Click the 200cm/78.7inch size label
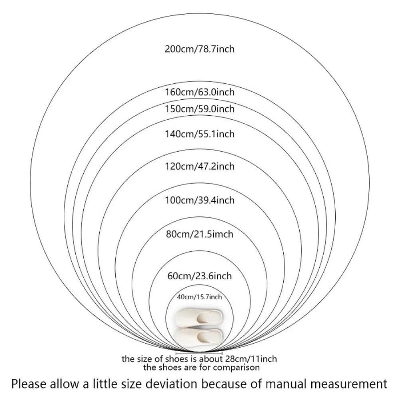(x=199, y=49)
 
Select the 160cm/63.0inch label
(x=199, y=92)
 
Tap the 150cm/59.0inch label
(x=199, y=109)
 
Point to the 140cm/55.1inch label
(x=199, y=134)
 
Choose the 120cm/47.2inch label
(x=199, y=166)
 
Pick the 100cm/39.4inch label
(x=199, y=200)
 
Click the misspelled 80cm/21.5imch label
(x=199, y=234)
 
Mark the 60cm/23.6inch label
(x=199, y=276)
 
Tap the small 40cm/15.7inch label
(x=199, y=297)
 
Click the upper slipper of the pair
(x=199, y=317)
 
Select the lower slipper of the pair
(x=199, y=336)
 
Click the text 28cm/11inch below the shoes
(x=250, y=359)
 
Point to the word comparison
(x=236, y=368)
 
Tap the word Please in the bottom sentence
(x=28, y=384)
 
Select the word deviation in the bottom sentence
(x=175, y=384)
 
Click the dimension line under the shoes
(x=199, y=353)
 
